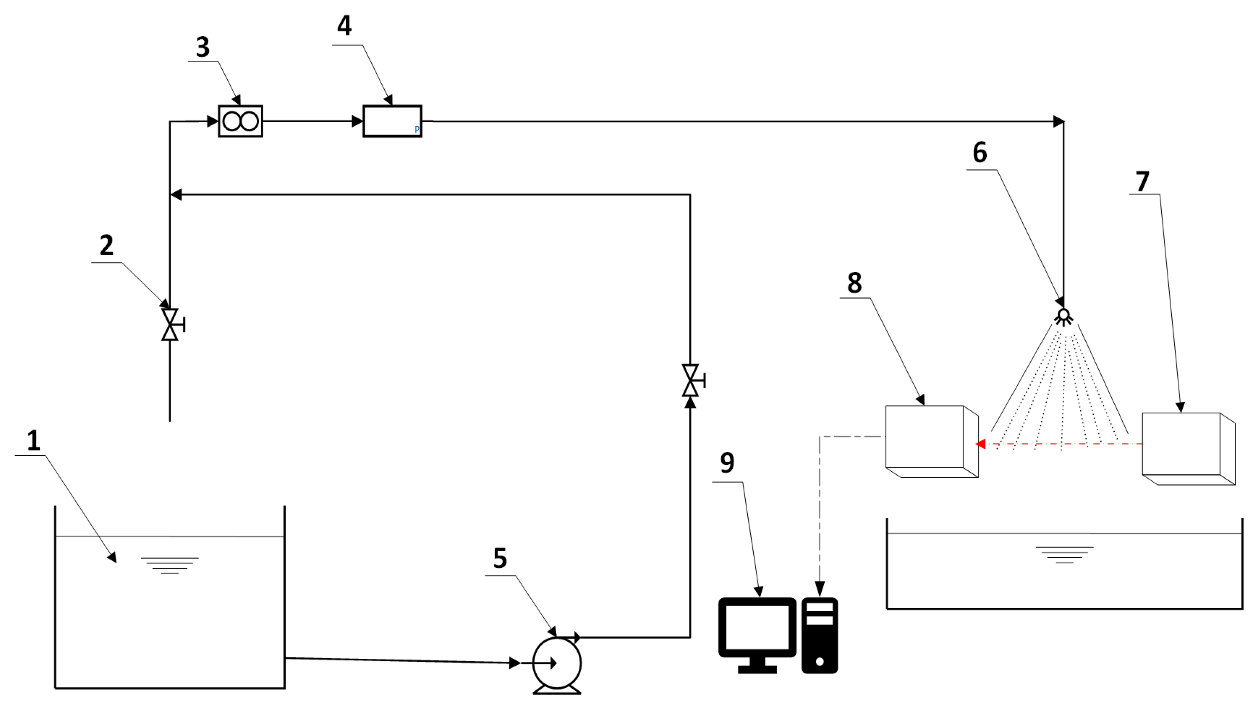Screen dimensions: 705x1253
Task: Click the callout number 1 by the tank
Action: click(34, 441)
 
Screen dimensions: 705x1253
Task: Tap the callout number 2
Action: click(106, 245)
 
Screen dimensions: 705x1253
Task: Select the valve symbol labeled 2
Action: click(170, 324)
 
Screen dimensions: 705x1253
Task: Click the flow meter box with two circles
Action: click(240, 121)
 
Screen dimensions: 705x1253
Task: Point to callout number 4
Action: click(344, 26)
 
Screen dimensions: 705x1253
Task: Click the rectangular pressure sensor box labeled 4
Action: click(392, 121)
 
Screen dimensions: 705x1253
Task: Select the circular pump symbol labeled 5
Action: click(557, 663)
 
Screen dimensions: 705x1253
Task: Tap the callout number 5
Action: click(500, 558)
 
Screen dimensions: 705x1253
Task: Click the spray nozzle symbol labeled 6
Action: click(1063, 317)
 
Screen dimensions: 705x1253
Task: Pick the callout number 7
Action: click(1142, 182)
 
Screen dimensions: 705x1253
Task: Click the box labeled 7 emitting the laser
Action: click(1187, 447)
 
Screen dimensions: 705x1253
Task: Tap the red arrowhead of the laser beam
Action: click(981, 444)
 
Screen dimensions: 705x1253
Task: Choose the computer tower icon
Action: click(819, 635)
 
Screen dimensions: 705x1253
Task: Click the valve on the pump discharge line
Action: click(690, 380)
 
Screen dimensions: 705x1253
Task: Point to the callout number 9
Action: click(727, 463)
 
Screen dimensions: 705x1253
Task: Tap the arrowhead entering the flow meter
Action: click(213, 121)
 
